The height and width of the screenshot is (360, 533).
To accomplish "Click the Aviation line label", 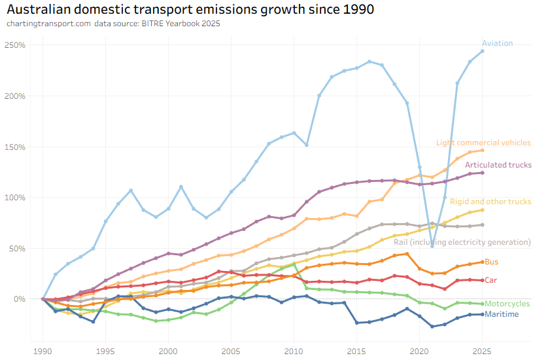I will pyautogui.click(x=497, y=43).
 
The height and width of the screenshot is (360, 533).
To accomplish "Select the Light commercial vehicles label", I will pyautogui.click(x=483, y=143).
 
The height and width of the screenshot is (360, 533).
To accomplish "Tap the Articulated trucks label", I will pyautogui.click(x=498, y=165).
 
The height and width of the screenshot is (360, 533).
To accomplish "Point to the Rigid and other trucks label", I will pyautogui.click(x=490, y=202).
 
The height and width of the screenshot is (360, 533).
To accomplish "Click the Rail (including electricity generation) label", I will pyautogui.click(x=462, y=242).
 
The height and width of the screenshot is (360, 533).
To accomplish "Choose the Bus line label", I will pyautogui.click(x=491, y=262).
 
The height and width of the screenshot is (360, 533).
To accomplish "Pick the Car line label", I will pyautogui.click(x=490, y=280).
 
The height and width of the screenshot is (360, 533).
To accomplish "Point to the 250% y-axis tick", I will pyautogui.click(x=14, y=45).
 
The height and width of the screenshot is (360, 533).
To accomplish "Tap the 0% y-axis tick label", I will pyautogui.click(x=18, y=299).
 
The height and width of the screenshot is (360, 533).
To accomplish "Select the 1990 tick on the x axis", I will pyautogui.click(x=43, y=351).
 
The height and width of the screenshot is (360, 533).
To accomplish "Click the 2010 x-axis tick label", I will pyautogui.click(x=294, y=351).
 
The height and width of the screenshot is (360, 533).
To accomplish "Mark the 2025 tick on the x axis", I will pyautogui.click(x=482, y=351).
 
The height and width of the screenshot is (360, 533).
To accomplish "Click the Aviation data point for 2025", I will pyautogui.click(x=482, y=51).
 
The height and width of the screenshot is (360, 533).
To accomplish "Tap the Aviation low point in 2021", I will pyautogui.click(x=432, y=246).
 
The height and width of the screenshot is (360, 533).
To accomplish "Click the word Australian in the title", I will pyautogui.click(x=39, y=10).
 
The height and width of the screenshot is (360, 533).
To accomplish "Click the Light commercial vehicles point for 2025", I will pyautogui.click(x=482, y=150).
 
